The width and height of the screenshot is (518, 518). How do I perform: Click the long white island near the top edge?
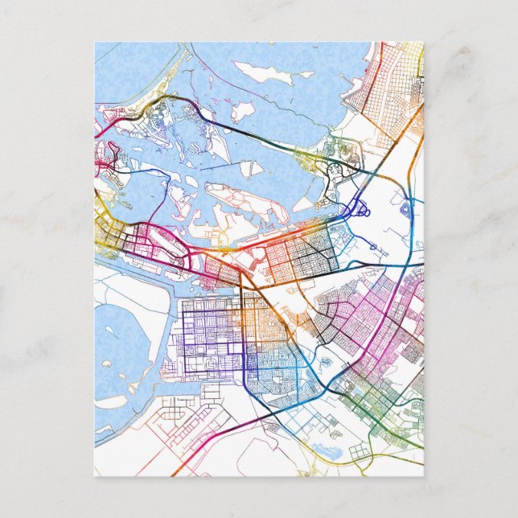[x=265, y=75]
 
